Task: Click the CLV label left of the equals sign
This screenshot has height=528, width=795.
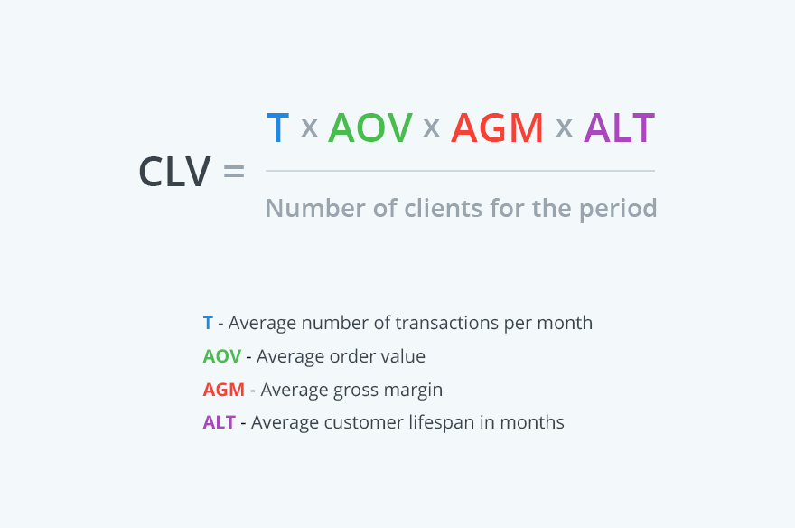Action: (174, 172)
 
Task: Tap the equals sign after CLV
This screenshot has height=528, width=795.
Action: (233, 172)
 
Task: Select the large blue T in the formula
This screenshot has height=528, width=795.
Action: (277, 128)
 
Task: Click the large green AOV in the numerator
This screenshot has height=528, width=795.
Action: (370, 128)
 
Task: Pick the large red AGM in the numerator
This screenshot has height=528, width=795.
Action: (497, 128)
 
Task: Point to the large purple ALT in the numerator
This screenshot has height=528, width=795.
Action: (619, 128)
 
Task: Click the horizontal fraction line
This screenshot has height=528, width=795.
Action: (460, 170)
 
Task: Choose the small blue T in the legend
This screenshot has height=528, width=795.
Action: (208, 323)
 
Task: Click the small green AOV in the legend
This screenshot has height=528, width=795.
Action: (222, 356)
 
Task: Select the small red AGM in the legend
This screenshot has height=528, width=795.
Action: (224, 390)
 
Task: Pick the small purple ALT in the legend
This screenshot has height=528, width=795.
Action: (220, 422)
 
